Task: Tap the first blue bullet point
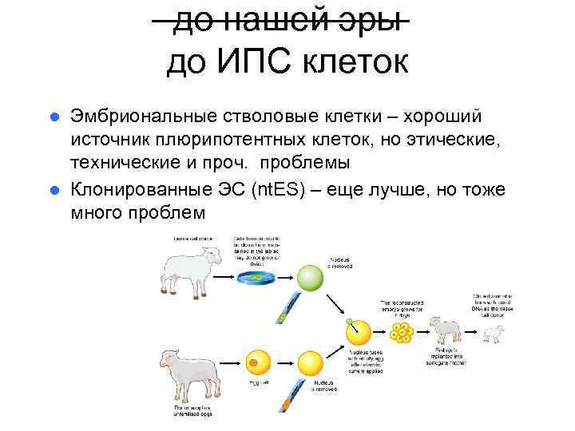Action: (54, 118)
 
